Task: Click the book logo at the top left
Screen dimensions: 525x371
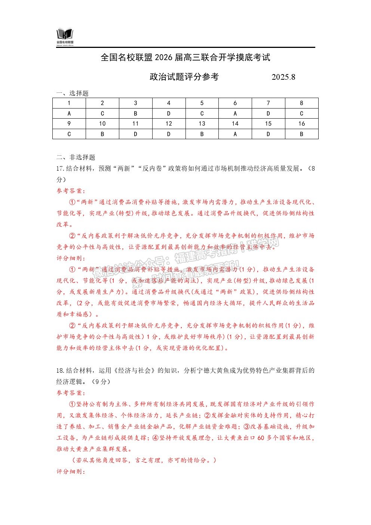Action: [x=65, y=34]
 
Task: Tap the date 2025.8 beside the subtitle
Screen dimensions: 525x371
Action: [x=283, y=77]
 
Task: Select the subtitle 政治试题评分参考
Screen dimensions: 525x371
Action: [x=184, y=77]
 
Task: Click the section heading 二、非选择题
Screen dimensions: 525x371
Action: [x=76, y=157]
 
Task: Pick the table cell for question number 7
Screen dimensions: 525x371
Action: [x=268, y=103]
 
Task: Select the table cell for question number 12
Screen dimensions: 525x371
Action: [x=169, y=124]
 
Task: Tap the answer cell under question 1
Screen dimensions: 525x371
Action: [x=69, y=113]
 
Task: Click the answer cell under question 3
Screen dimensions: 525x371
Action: [x=135, y=113]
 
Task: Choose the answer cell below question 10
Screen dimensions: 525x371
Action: [x=102, y=134]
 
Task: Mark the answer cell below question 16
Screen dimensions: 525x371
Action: [x=301, y=134]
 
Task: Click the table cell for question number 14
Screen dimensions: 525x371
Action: [x=235, y=124]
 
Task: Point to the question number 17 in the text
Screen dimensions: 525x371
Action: [x=60, y=169]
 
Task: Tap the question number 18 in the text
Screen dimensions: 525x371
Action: [x=60, y=371]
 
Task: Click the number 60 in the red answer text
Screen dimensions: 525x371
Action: [x=261, y=438]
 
